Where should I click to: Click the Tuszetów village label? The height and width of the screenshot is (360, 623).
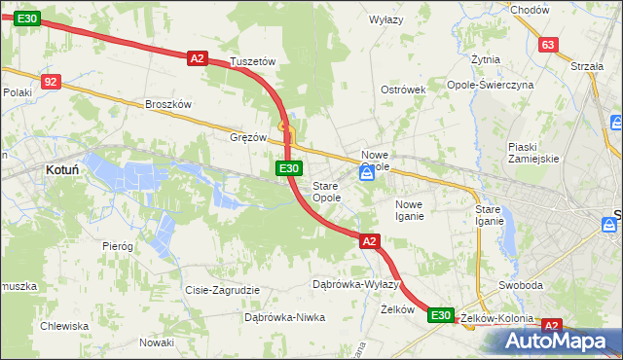[253, 61]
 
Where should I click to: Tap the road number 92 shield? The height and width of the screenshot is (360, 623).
[52, 82]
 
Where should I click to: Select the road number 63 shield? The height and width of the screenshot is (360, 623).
[548, 45]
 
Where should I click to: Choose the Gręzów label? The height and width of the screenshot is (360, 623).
[248, 137]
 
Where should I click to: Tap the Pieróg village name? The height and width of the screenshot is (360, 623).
[117, 246]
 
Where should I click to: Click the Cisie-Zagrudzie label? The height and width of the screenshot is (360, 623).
[222, 290]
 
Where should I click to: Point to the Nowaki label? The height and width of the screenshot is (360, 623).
[156, 342]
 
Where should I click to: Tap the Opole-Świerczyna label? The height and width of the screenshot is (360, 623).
[518, 85]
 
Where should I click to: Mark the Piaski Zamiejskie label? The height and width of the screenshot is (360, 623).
[532, 153]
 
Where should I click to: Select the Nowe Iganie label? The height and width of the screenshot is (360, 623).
[409, 210]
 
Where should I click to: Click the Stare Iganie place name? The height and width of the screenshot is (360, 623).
[488, 215]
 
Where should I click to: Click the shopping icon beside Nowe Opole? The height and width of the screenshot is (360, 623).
[366, 173]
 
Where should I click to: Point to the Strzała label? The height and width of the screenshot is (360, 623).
[588, 66]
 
